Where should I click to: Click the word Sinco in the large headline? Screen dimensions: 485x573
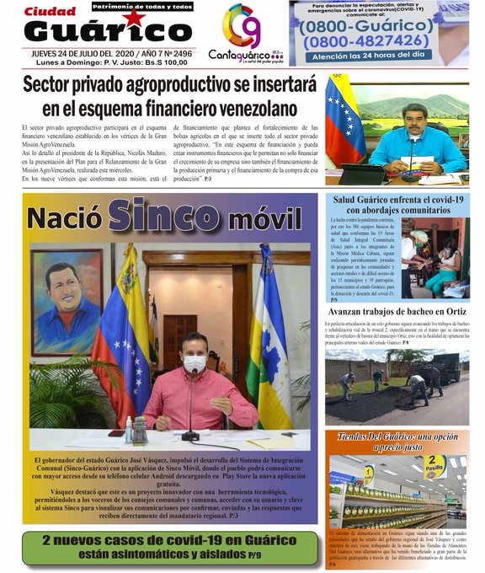pos(168,215)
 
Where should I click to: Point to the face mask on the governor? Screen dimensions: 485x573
pos(195,362)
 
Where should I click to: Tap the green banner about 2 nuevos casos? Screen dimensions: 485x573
pos(171,547)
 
